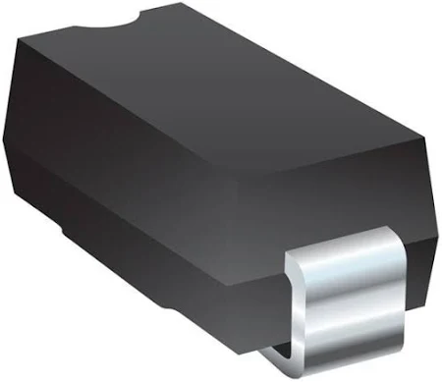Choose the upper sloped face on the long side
147,187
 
